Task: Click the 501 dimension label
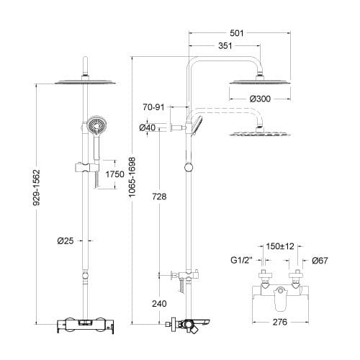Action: coord(237,33)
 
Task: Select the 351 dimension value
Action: coord(225,45)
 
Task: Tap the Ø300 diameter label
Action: coord(260,99)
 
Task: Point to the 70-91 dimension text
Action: coord(153,107)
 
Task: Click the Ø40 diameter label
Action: coord(148,127)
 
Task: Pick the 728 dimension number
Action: coord(159,197)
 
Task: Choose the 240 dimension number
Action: coord(159,304)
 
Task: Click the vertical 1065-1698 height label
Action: coord(132,177)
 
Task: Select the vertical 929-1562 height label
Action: coord(37,188)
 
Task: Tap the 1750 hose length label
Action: coord(115,174)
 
